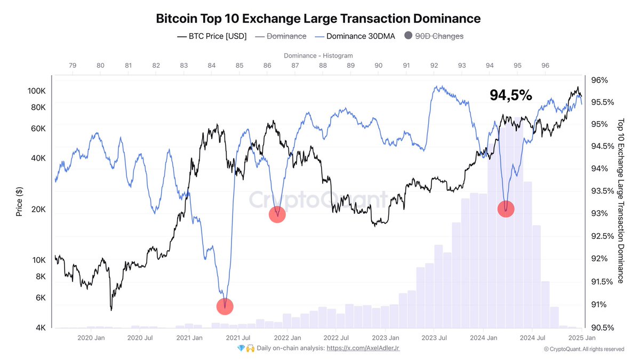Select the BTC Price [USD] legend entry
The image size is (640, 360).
(x=211, y=36)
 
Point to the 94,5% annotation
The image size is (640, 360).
(x=510, y=95)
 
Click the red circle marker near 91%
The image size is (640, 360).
(x=225, y=306)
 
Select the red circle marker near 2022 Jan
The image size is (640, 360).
(x=277, y=214)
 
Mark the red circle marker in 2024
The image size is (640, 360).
(x=506, y=209)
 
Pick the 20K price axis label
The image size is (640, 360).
(x=38, y=210)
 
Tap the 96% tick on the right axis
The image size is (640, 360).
(x=599, y=80)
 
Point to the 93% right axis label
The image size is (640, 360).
(x=599, y=213)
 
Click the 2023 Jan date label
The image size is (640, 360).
(x=385, y=338)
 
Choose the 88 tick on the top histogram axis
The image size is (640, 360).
(x=323, y=66)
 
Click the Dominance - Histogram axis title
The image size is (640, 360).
(x=318, y=55)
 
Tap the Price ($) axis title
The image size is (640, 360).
(x=19, y=202)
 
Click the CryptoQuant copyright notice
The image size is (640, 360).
(x=583, y=349)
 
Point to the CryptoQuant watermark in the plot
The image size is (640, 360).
(x=319, y=200)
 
